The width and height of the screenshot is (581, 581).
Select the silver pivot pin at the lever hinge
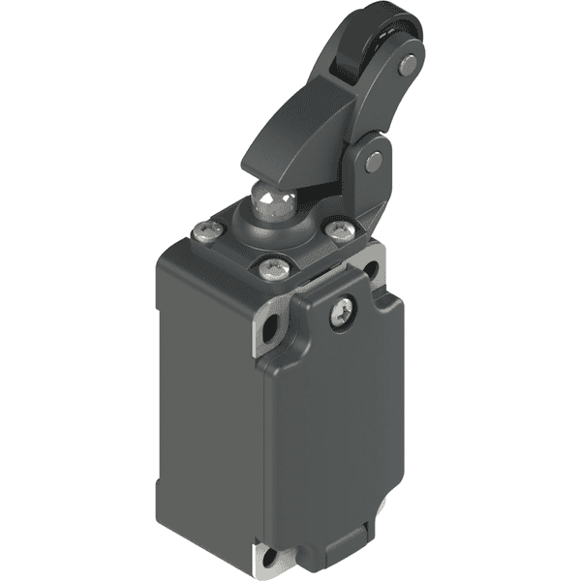tap(373, 162)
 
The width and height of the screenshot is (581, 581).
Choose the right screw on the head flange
tap(338, 229)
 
